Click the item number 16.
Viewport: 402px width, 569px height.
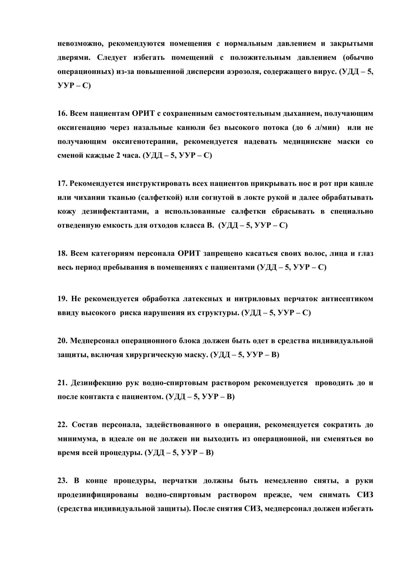tap(62, 114)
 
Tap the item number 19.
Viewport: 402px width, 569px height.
tap(62, 299)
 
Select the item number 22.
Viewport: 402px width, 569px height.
tap(62, 425)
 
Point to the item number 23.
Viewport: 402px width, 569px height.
tap(62, 481)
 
